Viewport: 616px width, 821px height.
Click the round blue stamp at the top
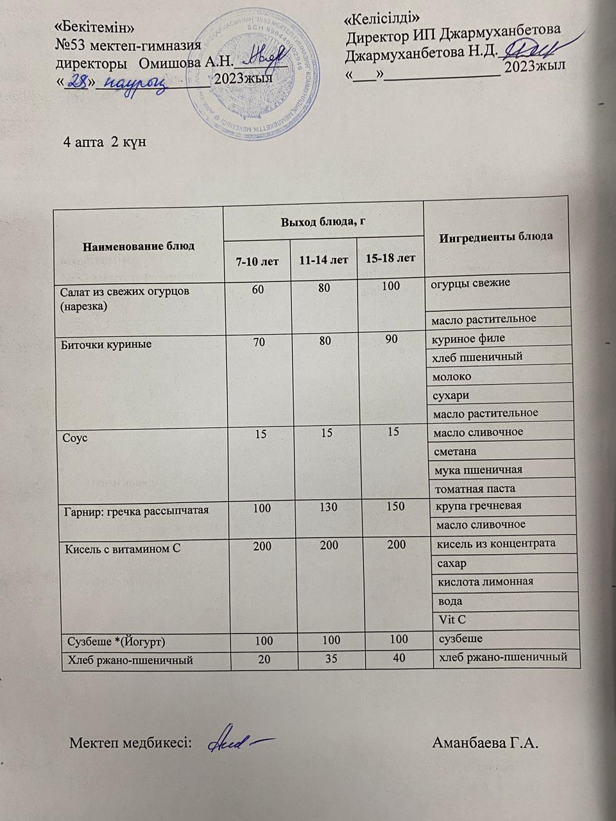tap(257, 75)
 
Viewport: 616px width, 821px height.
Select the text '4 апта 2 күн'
tap(105, 142)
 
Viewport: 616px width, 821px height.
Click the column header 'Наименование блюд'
tap(139, 246)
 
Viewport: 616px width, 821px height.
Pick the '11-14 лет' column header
tap(324, 260)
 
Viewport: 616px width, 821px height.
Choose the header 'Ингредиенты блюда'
tap(496, 237)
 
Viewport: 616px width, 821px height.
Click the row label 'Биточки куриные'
tap(106, 344)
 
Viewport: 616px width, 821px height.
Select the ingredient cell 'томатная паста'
tap(474, 488)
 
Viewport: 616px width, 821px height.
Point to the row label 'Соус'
tap(75, 438)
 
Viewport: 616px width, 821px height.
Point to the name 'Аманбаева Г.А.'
tap(486, 743)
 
